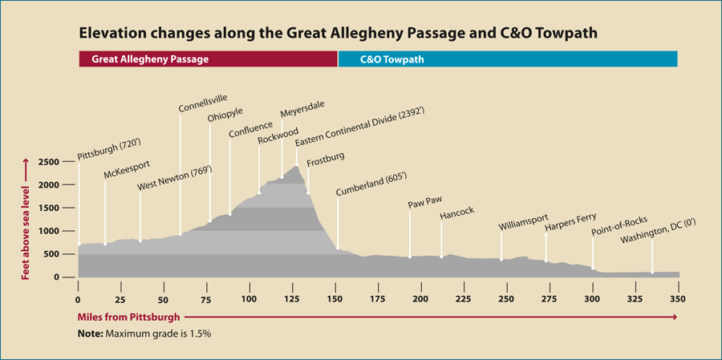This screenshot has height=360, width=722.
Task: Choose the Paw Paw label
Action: (x=425, y=203)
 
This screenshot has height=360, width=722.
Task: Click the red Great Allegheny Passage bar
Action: (x=208, y=59)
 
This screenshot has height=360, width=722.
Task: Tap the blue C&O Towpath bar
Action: (x=508, y=59)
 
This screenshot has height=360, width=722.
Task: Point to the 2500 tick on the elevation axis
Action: (x=49, y=162)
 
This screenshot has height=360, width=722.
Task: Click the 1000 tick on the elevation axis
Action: (x=49, y=231)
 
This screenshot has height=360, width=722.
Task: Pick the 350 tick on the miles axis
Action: (x=677, y=300)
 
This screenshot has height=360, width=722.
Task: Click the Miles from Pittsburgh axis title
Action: (x=128, y=318)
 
